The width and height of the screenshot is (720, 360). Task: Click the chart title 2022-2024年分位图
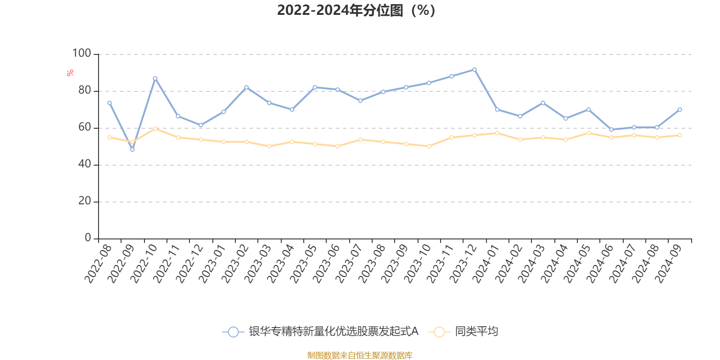[355, 10]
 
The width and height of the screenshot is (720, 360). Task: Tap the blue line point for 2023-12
[474, 70]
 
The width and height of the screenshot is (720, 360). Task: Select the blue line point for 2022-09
[132, 149]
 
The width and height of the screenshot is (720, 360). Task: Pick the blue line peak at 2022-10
[155, 78]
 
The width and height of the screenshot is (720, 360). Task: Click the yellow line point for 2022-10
[155, 129]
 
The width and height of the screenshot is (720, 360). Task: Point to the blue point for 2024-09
[679, 109]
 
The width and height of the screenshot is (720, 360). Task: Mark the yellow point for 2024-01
[497, 133]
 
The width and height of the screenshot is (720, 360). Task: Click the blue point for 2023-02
[246, 87]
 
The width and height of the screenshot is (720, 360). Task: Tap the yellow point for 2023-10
[429, 146]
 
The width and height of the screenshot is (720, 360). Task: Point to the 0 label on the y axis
[88, 238]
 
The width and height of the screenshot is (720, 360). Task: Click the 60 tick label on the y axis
[84, 127]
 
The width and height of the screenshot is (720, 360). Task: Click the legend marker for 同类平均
[439, 332]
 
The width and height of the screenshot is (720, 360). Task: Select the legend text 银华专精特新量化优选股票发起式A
[333, 332]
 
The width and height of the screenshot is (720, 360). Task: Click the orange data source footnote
[360, 355]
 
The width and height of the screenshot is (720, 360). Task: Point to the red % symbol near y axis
[70, 73]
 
